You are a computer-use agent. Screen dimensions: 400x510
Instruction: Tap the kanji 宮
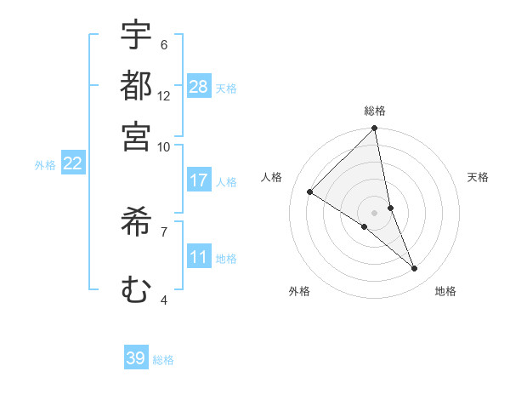[136, 135]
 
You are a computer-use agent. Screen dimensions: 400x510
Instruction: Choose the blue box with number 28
[199, 86]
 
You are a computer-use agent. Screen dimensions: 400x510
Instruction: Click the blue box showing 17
[199, 180]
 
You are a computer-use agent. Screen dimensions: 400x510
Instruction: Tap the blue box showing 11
[199, 257]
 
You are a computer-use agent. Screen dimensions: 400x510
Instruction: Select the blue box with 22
[72, 163]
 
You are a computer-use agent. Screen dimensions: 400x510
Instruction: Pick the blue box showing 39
[136, 358]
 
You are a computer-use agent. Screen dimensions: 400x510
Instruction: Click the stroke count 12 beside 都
[164, 96]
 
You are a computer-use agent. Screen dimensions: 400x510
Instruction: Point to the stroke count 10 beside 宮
[164, 146]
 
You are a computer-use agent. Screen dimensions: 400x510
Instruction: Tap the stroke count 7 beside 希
[164, 231]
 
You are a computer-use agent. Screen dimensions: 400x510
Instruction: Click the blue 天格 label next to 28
[226, 88]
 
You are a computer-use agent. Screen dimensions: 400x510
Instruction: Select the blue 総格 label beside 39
[163, 360]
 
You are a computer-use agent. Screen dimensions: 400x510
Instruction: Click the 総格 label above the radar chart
[374, 111]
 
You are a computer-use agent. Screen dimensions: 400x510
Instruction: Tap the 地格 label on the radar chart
[445, 291]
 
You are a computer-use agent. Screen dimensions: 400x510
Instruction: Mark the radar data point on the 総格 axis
[374, 129]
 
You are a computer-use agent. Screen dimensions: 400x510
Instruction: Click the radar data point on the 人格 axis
[310, 192]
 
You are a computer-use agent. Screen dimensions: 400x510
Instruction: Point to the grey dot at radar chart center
[374, 212]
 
